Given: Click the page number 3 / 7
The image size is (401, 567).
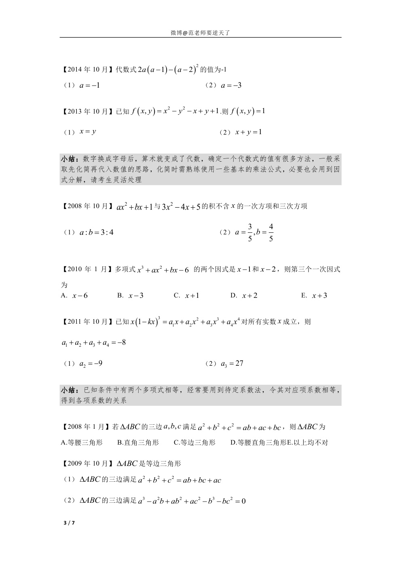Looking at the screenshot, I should coord(69,523).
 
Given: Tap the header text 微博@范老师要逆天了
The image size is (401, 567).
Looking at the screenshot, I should coord(200,33).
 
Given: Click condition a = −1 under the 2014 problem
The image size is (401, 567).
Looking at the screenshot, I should coord(89,85).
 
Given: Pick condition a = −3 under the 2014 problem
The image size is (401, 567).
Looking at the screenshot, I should coord(231,85).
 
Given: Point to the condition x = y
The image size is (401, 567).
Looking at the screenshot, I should coord(88,132).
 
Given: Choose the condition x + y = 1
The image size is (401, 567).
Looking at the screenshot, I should coord(248,132).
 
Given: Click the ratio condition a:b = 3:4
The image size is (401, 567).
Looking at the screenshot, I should coord(96,232).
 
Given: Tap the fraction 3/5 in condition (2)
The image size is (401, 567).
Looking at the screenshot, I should coord(250,232).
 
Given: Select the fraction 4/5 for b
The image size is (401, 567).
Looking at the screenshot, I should coord(271,232).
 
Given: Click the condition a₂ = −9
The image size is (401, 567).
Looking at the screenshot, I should coord(91,364).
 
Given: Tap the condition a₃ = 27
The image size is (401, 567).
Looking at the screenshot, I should coord(232,364).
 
